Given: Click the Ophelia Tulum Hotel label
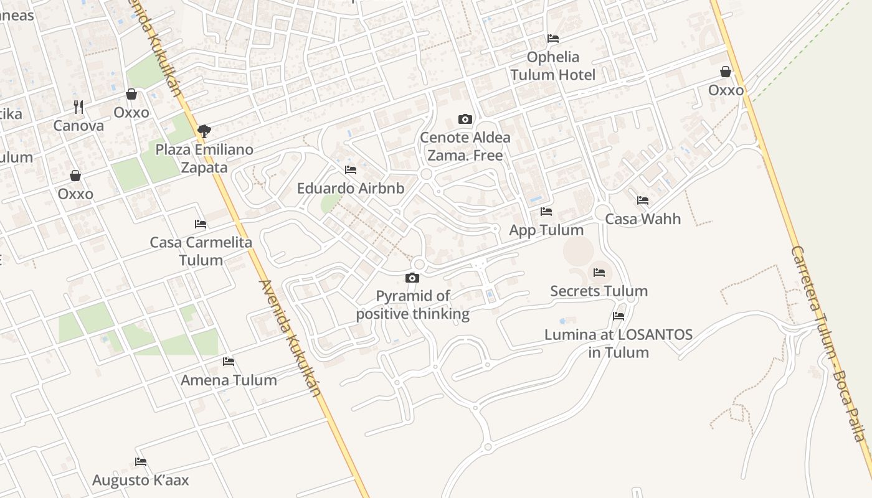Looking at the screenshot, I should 553,66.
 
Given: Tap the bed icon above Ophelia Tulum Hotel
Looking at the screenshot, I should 553,39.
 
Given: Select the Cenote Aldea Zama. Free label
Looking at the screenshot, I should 465,146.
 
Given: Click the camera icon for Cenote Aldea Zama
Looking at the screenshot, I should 465,119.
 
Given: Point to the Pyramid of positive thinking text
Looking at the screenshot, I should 413,305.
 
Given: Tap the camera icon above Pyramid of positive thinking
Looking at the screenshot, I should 412,278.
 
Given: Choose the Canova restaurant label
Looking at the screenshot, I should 78,126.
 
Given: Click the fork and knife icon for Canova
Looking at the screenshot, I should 78,107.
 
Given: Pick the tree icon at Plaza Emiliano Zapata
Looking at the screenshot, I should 204,131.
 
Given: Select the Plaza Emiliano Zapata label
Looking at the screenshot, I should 204,159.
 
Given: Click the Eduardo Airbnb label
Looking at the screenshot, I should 351,188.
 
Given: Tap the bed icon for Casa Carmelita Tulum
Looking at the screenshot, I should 201,224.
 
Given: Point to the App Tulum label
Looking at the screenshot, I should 546,230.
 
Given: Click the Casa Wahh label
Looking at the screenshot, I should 643,219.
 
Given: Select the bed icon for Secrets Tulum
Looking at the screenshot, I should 599,273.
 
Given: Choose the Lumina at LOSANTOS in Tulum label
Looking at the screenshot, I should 618,344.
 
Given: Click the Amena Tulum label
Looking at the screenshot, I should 229,380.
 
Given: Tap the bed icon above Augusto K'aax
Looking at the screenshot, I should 141,462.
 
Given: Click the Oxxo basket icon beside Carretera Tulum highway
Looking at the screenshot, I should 726,72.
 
